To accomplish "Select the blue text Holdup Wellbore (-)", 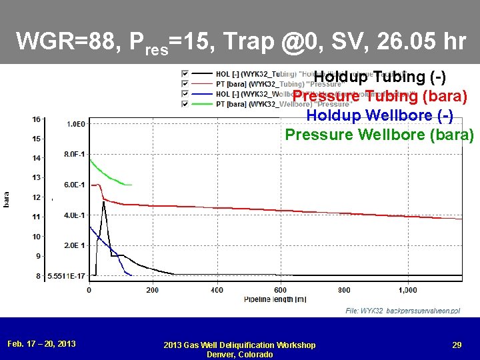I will coord(379,115).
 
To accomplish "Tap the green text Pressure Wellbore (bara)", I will coord(379,134).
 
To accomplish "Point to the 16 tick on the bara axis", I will coord(37,119).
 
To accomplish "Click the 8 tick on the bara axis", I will coord(38,275).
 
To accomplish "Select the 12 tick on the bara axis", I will coord(37,197).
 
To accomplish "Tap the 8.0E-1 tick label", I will coord(75,155).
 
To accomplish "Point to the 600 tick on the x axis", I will coord(280,290).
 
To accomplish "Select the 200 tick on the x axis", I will coord(153,290).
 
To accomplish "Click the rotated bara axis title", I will coord(7,198).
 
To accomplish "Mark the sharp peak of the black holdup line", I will coord(103,201).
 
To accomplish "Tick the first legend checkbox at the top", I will coord(185,73).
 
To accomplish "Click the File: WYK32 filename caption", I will coord(402,311).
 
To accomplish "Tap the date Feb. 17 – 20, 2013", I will coord(41,343).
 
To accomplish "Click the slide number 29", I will coord(457,345).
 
